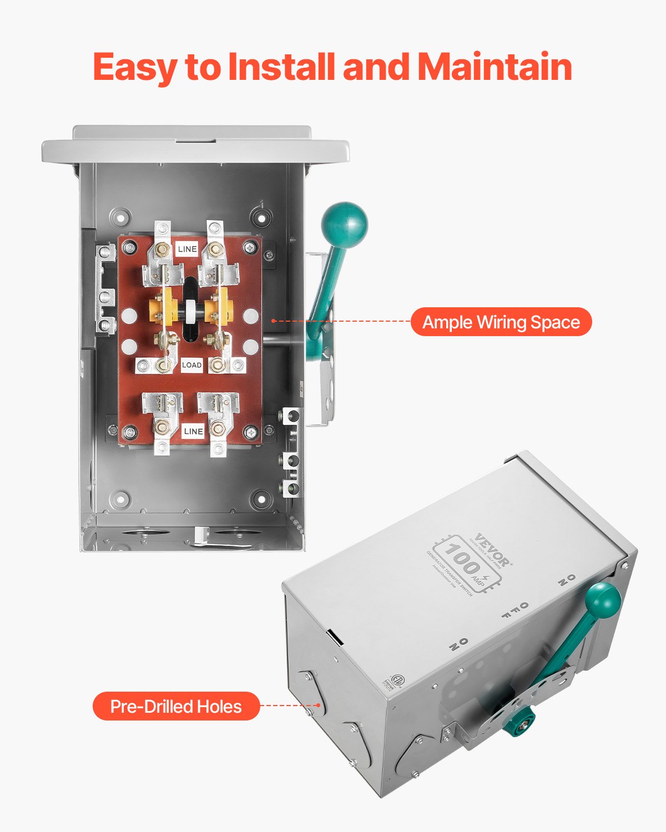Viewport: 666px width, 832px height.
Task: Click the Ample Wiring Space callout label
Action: (x=501, y=322)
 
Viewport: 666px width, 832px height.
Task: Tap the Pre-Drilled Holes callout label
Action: (x=176, y=706)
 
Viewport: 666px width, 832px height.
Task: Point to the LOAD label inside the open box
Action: (x=191, y=365)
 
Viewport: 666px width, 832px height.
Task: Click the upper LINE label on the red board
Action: (x=187, y=249)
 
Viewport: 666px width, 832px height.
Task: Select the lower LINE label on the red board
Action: (x=193, y=431)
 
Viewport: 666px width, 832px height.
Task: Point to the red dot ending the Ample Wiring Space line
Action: (x=273, y=321)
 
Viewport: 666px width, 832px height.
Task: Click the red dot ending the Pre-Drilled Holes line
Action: (x=318, y=706)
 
